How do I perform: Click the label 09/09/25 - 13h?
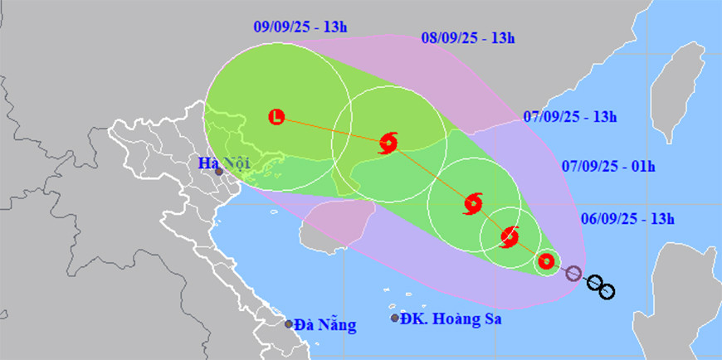click(300, 27)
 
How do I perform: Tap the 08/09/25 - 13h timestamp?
click(468, 37)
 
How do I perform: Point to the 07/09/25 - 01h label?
click(607, 166)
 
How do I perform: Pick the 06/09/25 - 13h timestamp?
click(627, 219)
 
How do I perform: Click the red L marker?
click(277, 117)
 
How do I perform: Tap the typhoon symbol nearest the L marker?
click(388, 143)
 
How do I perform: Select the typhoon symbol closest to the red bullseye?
click(510, 237)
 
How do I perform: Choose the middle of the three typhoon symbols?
click(473, 202)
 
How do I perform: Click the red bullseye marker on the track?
click(546, 262)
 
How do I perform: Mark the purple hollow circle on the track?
click(573, 273)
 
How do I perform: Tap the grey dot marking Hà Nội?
click(218, 173)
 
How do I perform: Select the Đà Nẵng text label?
click(326, 325)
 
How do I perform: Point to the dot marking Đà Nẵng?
click(289, 324)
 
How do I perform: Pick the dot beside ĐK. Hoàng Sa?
click(394, 318)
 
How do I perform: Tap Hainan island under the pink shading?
click(328, 228)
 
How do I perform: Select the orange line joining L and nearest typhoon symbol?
click(332, 129)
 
